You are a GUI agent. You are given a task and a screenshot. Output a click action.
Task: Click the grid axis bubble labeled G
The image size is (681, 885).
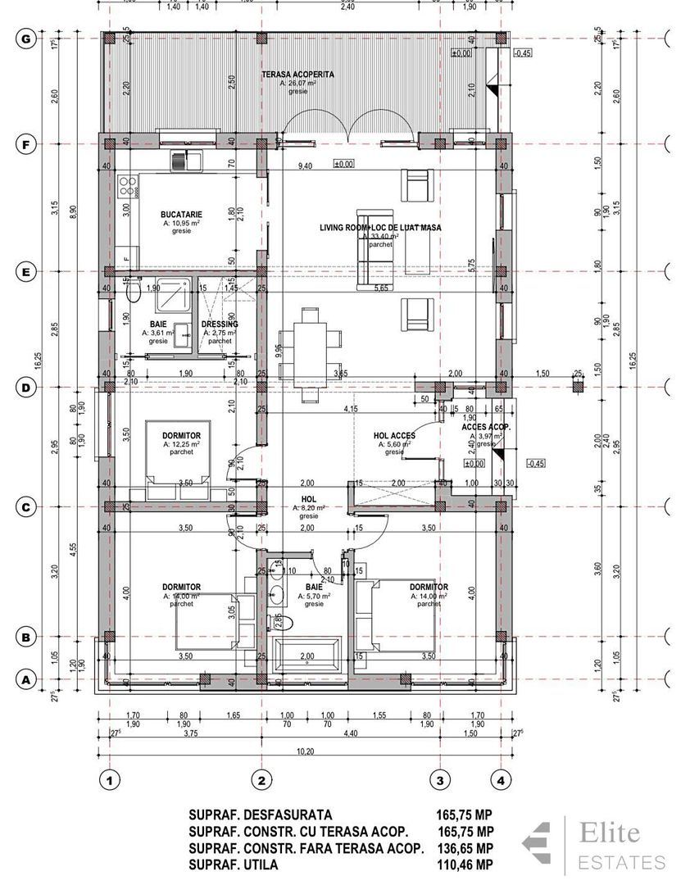click(x=27, y=39)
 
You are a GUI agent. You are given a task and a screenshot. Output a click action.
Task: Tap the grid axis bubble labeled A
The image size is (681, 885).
click(x=27, y=678)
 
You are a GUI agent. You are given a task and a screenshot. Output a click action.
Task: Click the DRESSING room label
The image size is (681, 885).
click(x=219, y=324)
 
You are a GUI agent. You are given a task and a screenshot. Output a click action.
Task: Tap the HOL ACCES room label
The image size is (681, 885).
click(x=393, y=436)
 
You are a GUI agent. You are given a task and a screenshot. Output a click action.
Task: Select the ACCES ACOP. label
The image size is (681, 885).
click(x=486, y=428)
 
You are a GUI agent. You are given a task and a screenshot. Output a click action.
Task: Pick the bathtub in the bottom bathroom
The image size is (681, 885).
click(x=308, y=656)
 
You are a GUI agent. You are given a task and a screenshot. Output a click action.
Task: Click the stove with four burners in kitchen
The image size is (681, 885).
click(x=127, y=186)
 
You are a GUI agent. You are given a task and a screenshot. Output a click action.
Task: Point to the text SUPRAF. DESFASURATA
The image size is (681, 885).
click(x=260, y=815)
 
